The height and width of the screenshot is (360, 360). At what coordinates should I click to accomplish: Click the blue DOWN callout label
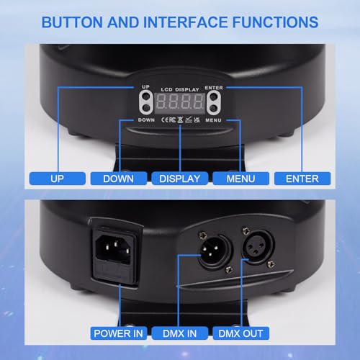118,178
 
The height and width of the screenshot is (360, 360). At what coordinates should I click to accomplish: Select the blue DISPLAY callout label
180,178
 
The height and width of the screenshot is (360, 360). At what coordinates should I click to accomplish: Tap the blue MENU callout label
240,178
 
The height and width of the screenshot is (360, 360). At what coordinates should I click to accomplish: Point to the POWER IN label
120,333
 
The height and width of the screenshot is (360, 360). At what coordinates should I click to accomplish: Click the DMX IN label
179,333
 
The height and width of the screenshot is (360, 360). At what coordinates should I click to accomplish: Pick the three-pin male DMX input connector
207,253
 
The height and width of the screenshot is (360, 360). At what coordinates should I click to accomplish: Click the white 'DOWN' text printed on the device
146,119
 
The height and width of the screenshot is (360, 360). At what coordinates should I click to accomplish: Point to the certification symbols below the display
180,117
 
